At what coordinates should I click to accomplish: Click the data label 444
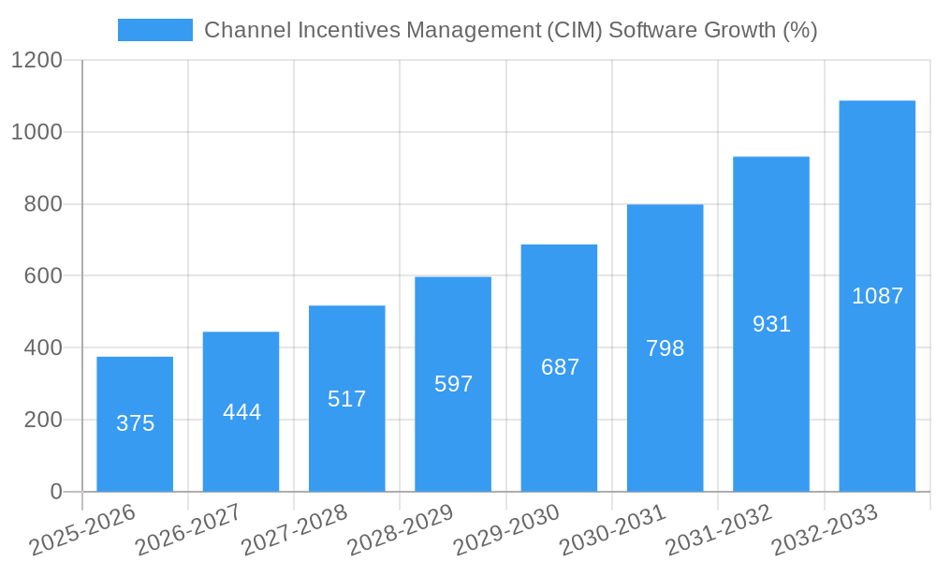pos(241,412)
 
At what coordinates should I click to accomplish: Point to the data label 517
pos(347,399)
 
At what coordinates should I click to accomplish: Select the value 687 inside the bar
pos(560,367)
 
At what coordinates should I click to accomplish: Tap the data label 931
pos(771,324)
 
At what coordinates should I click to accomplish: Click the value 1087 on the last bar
pos(877,296)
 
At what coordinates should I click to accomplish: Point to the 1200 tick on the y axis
pos(37,61)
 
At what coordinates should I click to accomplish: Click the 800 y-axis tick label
pos(45,204)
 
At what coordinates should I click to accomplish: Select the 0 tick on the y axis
pos(56,492)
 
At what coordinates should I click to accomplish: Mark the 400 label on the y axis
pos(45,348)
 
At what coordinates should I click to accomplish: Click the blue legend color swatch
pos(155,30)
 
